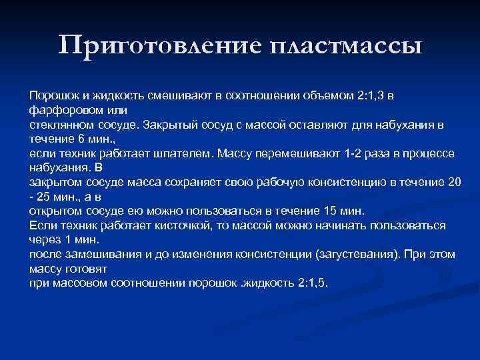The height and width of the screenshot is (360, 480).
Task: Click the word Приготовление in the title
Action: click(159, 46)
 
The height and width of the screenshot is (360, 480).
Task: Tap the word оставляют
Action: click(321, 125)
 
